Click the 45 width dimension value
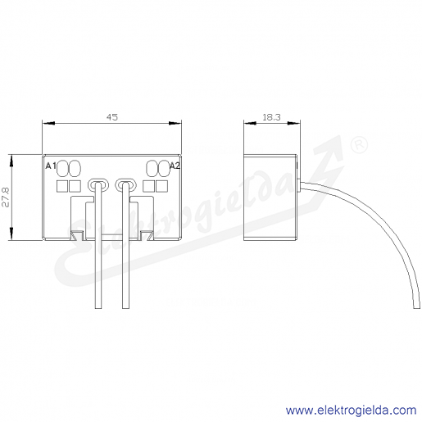(x=112, y=117)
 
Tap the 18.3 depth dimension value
(x=271, y=117)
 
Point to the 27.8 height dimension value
(x=6, y=197)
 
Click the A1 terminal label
(x=51, y=166)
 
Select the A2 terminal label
(x=175, y=166)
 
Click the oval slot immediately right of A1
(x=63, y=168)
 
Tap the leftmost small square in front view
(x=62, y=186)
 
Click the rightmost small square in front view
(x=161, y=186)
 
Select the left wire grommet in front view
(x=98, y=185)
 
